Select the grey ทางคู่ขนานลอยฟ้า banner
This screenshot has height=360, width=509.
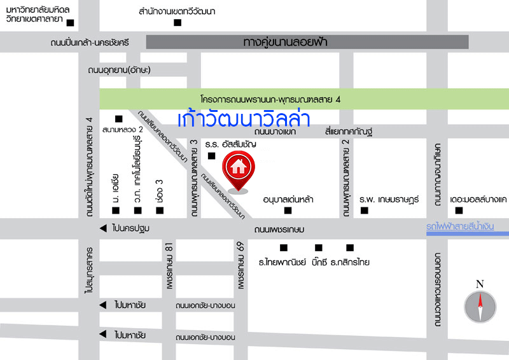pyautogui.click(x=307, y=42)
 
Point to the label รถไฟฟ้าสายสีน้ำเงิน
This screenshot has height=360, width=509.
pyautogui.click(x=468, y=226)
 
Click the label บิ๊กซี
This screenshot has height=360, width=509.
pyautogui.click(x=319, y=261)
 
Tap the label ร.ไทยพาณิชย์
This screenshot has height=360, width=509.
pyautogui.click(x=282, y=261)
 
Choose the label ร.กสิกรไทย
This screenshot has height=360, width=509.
pyautogui.click(x=350, y=261)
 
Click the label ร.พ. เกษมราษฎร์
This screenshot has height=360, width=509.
pyautogui.click(x=389, y=199)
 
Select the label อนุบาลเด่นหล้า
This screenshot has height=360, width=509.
pyautogui.click(x=288, y=199)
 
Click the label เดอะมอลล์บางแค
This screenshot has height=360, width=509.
pyautogui.click(x=477, y=199)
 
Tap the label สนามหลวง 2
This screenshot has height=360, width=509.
pyautogui.click(x=123, y=130)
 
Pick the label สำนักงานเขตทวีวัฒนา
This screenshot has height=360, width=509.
pyautogui.click(x=178, y=11)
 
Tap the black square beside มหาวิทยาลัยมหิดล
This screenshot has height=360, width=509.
pyautogui.click(x=71, y=24)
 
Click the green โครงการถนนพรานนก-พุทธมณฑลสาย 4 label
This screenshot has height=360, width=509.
pyautogui.click(x=270, y=99)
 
